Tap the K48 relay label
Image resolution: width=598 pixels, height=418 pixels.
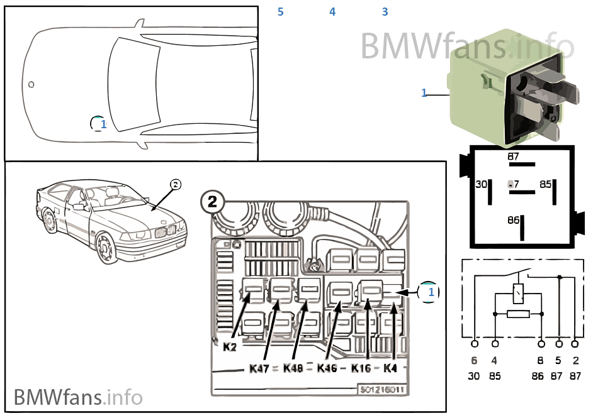293,368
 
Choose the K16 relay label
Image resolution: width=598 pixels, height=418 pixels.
361,368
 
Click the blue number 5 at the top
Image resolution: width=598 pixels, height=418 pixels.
280,12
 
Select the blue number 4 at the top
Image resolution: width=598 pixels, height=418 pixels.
332,12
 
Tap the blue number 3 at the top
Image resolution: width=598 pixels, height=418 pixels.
385,12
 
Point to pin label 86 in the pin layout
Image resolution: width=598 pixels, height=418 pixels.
514,221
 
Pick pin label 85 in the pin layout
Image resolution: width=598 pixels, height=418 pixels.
545,185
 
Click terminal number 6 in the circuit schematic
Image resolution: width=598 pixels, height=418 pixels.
474,361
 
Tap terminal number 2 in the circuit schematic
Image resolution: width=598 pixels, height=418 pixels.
575,361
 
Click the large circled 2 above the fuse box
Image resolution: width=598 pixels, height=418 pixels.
212,202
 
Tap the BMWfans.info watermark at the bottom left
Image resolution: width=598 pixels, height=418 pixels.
78,397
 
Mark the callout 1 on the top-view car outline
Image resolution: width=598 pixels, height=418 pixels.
99,124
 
